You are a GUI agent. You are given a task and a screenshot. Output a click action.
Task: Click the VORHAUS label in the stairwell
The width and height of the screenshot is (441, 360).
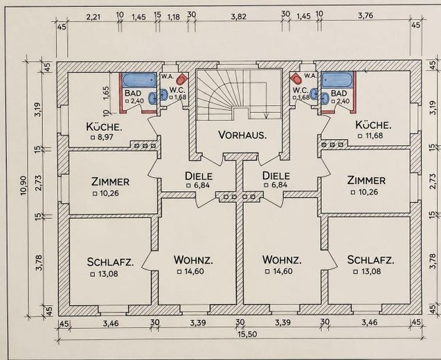pos(242,135)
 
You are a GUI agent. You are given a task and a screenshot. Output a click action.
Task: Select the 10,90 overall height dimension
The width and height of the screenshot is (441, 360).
pos(24,185)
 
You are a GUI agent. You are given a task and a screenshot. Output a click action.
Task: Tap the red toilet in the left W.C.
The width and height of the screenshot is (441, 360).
pos(182,79)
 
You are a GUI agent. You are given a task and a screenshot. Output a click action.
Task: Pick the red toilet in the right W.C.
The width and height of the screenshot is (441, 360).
pos(296,79)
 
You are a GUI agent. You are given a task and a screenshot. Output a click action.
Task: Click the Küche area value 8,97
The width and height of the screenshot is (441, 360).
pos(105,137)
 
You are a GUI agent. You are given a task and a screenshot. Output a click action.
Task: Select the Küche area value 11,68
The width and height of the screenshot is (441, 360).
pos(374,136)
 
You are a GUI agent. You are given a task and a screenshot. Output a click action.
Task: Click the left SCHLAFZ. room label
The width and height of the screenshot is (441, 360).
pos(110,262)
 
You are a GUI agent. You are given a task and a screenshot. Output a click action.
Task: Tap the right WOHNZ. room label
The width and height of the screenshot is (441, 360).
pos(282,260)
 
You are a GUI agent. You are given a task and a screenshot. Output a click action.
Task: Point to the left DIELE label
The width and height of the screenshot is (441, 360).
pos(199,176)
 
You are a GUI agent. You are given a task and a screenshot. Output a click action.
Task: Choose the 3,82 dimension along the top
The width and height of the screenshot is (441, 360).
pos(238,17)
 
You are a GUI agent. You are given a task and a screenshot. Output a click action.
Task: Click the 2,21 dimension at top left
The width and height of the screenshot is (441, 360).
pos(93,17)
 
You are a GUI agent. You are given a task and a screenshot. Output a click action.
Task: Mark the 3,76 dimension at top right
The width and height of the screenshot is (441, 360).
pos(366,15)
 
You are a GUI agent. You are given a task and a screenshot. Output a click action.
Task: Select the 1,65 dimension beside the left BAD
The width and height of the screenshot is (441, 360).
pos(106,93)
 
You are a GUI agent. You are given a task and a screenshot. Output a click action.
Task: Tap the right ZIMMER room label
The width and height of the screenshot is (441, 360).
pos(366,180)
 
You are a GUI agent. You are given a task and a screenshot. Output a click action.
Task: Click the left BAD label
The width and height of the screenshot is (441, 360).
pos(133,93)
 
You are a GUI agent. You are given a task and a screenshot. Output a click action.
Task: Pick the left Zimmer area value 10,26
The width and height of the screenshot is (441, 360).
pos(109,194)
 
